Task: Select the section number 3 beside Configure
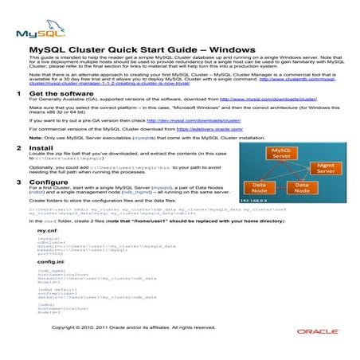19,182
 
